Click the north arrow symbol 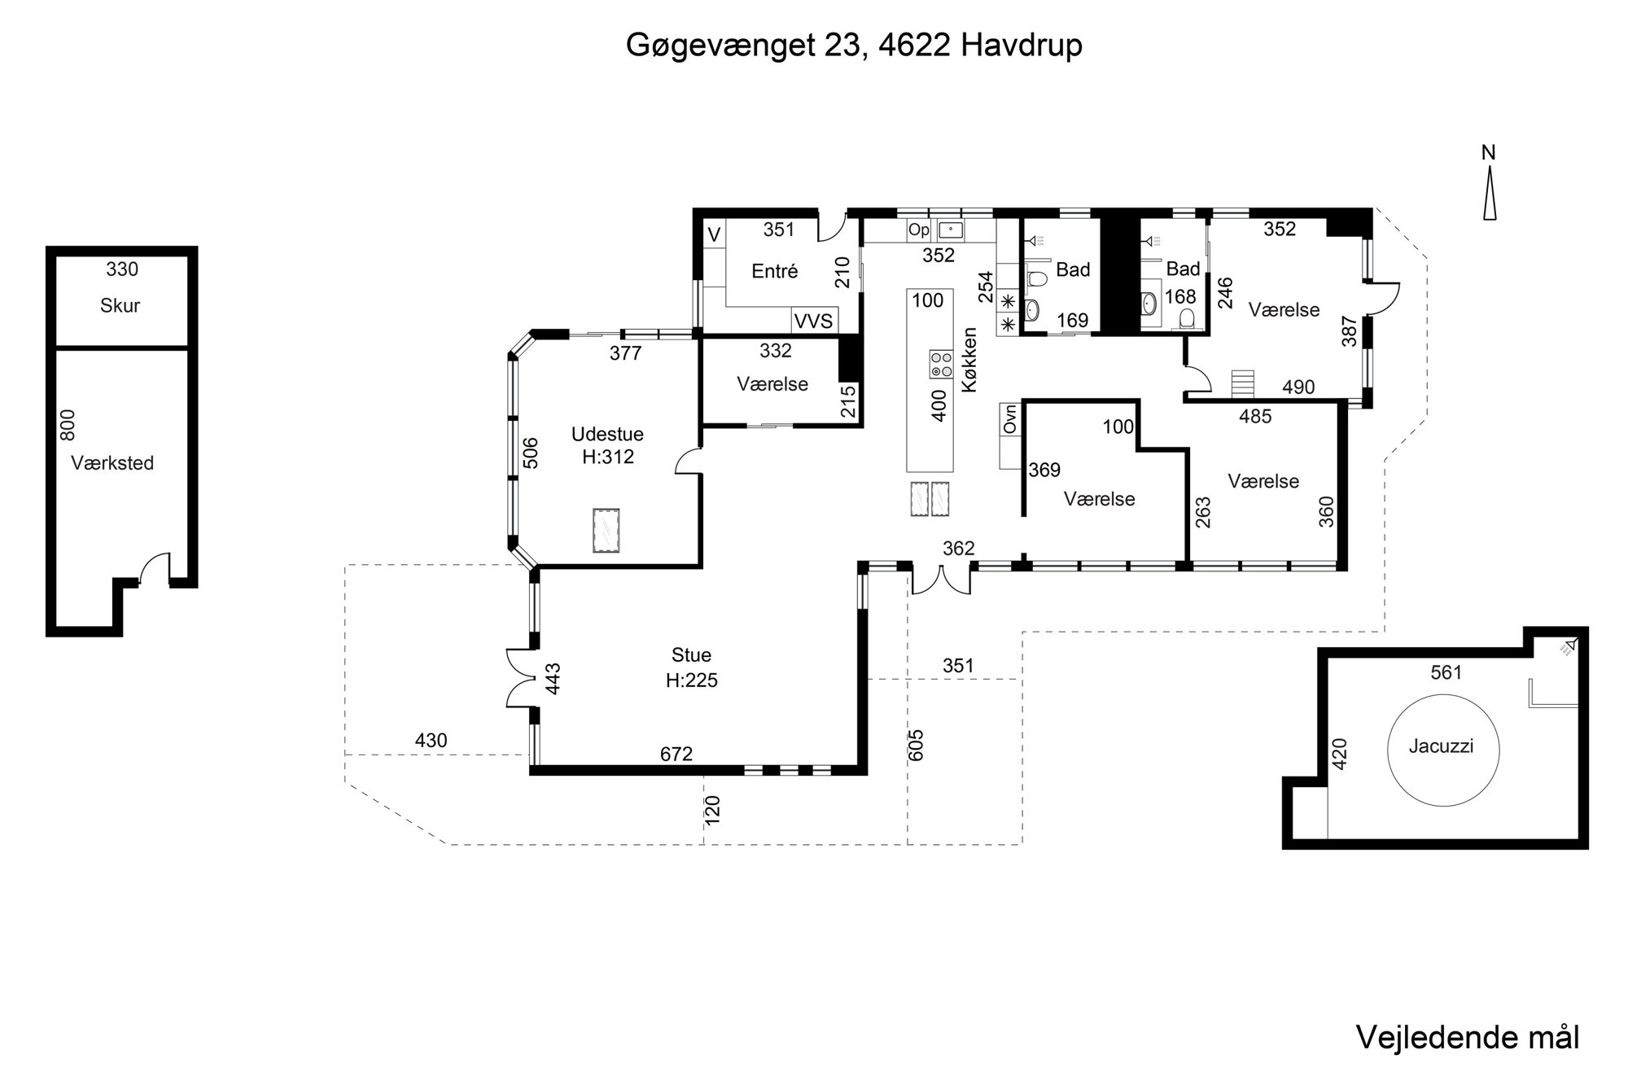point(1489,193)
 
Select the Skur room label point(120,306)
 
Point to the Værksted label point(112,463)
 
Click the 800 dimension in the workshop point(68,424)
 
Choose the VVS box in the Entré point(814,322)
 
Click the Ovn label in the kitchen point(1011,419)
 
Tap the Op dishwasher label point(919,230)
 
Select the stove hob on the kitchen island point(942,363)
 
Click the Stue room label point(691,655)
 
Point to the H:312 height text point(608,457)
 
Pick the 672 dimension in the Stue point(676,755)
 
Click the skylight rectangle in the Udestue point(606,531)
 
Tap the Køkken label point(969,361)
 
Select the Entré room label point(775,271)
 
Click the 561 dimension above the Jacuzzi point(1446,672)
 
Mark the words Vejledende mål point(1468,1037)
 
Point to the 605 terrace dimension point(917,745)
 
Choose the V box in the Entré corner point(714,235)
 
